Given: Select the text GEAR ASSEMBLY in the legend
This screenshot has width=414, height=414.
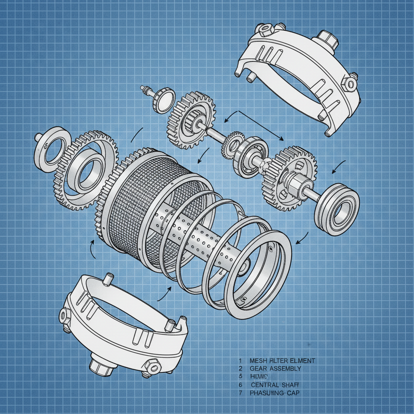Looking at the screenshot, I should tap(275, 368).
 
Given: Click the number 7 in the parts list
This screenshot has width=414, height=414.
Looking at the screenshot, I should tap(240, 393).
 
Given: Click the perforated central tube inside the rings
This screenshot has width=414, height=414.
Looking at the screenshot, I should tap(202, 239).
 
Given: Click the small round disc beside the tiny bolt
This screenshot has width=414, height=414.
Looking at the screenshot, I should tap(164, 100).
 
